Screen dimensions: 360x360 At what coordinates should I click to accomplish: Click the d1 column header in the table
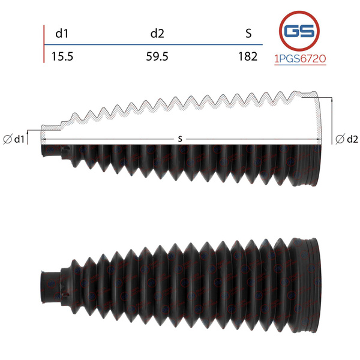coord(62,34)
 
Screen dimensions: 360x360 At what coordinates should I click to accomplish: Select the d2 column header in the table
coord(157,34)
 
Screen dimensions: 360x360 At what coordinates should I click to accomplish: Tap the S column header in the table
coord(248,34)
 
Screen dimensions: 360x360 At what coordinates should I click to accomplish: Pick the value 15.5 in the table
coord(62,56)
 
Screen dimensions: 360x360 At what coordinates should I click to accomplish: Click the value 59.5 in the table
coord(157,56)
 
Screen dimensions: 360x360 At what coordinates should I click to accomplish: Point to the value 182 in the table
coord(248,56)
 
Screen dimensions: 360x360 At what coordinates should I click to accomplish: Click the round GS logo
coord(299,31)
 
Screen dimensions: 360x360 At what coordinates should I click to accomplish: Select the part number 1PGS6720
coord(301,59)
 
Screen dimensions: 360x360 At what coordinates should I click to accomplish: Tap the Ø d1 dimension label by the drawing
coord(14,139)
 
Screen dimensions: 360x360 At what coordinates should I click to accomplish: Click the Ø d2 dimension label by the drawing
coord(347,139)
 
